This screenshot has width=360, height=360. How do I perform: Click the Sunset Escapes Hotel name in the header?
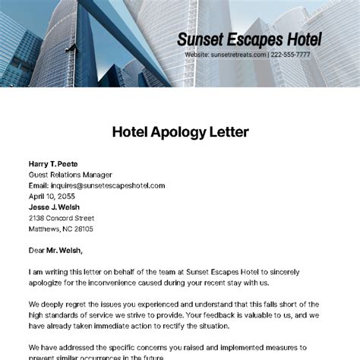(x=249, y=39)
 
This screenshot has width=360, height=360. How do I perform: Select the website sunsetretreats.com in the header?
(x=238, y=55)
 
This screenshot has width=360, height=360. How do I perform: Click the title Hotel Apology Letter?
(x=180, y=132)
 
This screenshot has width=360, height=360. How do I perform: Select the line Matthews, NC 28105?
(x=61, y=228)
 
